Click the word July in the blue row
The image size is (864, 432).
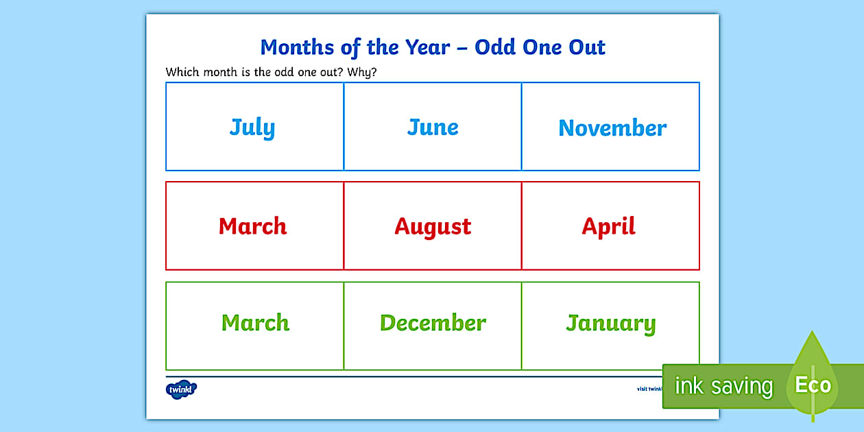pos(252,128)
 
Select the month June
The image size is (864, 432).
pos(433,127)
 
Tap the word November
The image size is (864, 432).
pos(612,128)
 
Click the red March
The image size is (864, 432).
pos(252,226)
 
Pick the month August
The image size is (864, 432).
pos(433,227)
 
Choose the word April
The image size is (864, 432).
pos(609,226)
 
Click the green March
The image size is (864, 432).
pos(255,323)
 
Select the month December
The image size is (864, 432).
pos(433,323)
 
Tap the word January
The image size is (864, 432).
pos(610,324)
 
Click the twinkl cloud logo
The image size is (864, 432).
pos(181,389)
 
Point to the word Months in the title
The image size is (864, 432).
pos(296,47)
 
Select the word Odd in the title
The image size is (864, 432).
pos(496,47)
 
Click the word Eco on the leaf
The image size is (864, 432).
pos(813,385)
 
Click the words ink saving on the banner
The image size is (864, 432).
pos(723,386)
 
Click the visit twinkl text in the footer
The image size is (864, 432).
pos(649,389)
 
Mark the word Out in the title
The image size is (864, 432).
pos(587,47)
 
